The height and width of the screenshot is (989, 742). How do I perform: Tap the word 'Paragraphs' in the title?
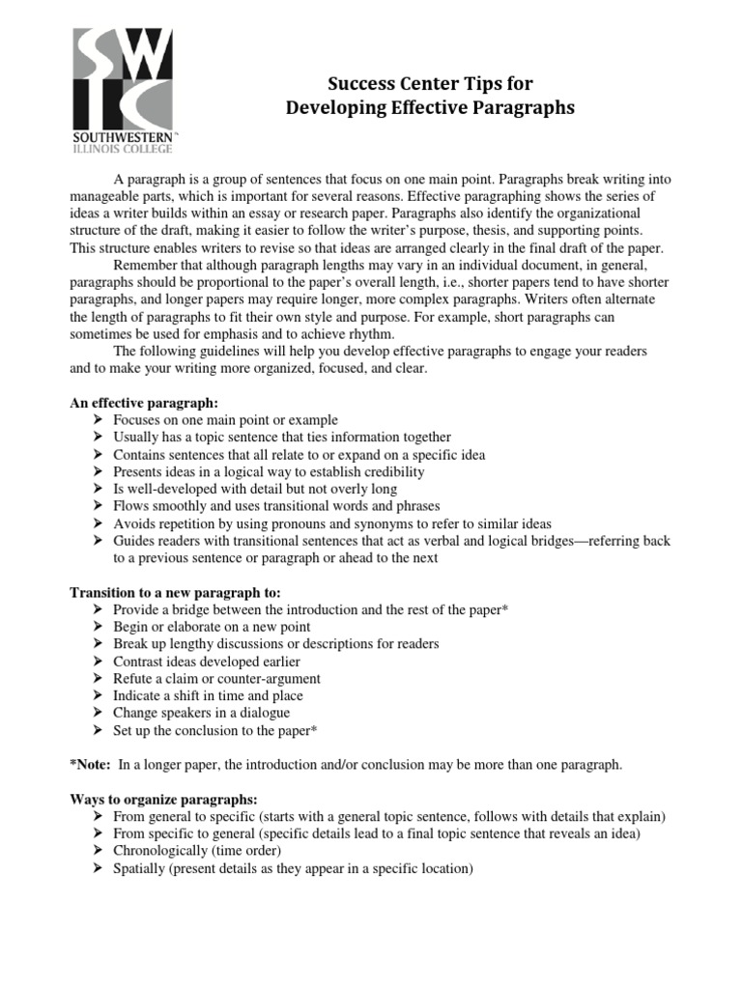(x=522, y=107)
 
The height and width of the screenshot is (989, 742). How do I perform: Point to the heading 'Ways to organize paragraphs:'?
(x=163, y=800)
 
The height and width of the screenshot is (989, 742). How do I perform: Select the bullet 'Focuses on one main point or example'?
(x=225, y=420)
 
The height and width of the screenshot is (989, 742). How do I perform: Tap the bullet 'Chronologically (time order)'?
(x=197, y=851)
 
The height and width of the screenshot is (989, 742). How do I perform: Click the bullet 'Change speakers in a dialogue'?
(x=201, y=713)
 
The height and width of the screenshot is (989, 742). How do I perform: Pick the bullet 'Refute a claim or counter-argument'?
(x=216, y=678)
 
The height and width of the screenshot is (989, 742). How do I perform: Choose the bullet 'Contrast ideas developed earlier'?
(x=207, y=661)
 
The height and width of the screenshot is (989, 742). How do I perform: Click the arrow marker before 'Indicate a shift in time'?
(x=99, y=695)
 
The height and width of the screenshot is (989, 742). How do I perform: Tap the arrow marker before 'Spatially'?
(x=99, y=868)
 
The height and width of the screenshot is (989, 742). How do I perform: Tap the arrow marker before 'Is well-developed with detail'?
(x=99, y=490)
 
